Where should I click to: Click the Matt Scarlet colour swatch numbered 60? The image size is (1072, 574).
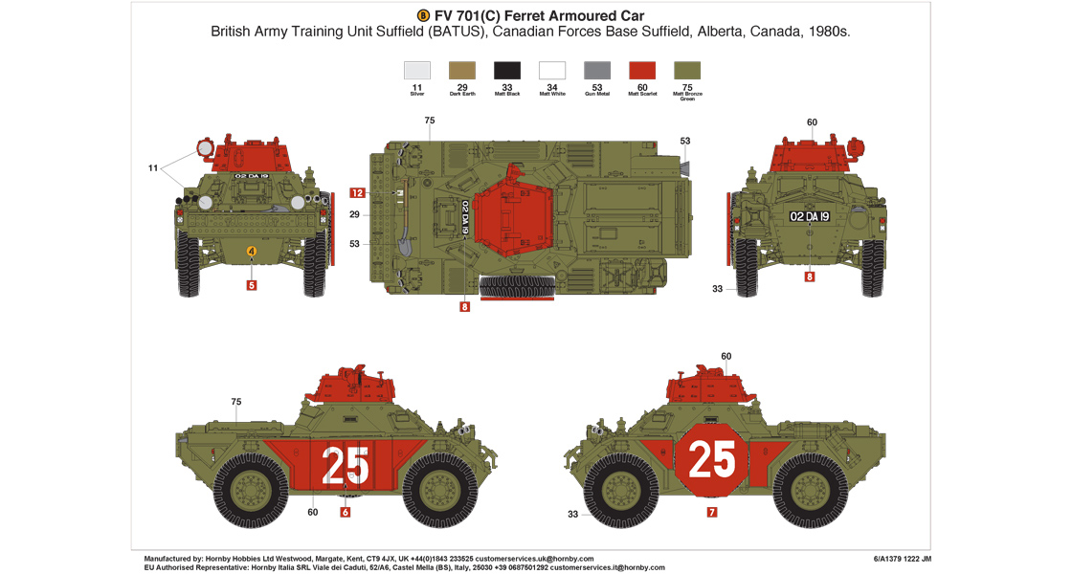641,71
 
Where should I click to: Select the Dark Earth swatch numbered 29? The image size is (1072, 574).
461,71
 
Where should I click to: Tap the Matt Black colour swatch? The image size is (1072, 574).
506,71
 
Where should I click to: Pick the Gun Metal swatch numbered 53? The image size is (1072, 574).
596,71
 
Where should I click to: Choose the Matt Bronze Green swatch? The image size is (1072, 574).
686,71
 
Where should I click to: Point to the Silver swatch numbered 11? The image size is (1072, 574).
416,71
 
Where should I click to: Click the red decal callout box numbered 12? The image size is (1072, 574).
357,192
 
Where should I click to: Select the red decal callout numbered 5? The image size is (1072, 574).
251,284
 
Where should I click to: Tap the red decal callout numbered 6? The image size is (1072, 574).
346,512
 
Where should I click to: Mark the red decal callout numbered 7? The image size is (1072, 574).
711,512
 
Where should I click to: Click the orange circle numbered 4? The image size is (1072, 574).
251,252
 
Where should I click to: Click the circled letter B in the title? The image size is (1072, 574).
425,15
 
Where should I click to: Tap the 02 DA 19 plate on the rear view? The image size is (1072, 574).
809,216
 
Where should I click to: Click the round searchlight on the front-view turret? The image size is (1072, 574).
205,148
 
